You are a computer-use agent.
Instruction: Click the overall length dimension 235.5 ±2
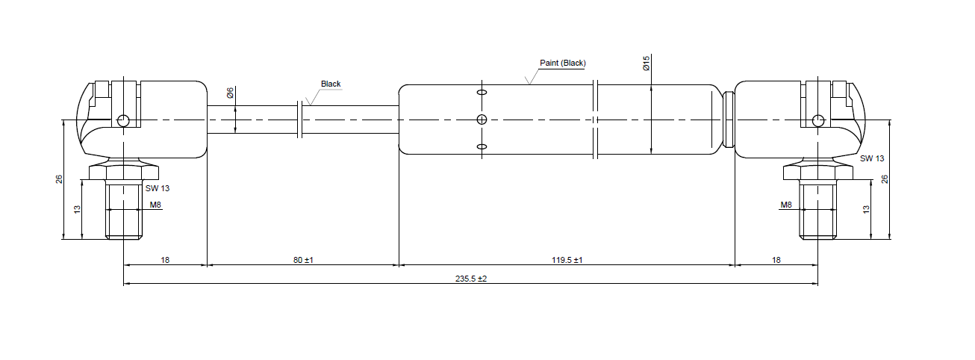pos(471,279)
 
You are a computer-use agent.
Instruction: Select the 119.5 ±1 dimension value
pos(567,260)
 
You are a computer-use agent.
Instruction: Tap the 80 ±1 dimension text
pos(303,260)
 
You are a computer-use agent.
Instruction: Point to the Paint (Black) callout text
pos(562,63)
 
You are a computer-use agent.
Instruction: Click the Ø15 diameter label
pos(647,63)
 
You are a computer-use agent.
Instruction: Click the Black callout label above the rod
pos(331,84)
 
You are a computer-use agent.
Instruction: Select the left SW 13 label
pos(158,188)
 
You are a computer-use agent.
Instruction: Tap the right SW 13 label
pos(871,158)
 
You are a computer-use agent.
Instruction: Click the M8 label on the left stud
pos(155,204)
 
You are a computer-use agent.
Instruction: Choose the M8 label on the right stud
pos(786,204)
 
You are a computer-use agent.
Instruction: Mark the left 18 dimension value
pos(165,260)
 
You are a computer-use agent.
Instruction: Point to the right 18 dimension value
pos(776,260)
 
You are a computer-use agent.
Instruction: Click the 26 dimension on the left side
pos(59,179)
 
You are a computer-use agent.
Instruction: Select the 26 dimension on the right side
pos(885,179)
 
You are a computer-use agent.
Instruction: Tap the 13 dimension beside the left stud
pos(77,210)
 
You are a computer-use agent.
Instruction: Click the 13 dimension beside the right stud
pos(867,210)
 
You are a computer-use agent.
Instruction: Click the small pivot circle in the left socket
pos(123,120)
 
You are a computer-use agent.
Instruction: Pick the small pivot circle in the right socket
pos(818,120)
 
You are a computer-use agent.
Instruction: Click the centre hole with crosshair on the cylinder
pos(482,120)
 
